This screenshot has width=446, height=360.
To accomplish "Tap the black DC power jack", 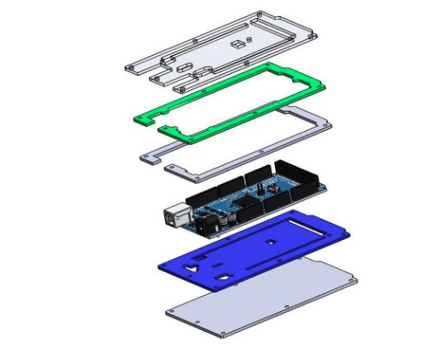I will click(203, 226).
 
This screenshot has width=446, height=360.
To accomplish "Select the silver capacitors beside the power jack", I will click(220, 219).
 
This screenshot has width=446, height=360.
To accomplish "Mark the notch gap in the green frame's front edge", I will click(157, 124).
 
